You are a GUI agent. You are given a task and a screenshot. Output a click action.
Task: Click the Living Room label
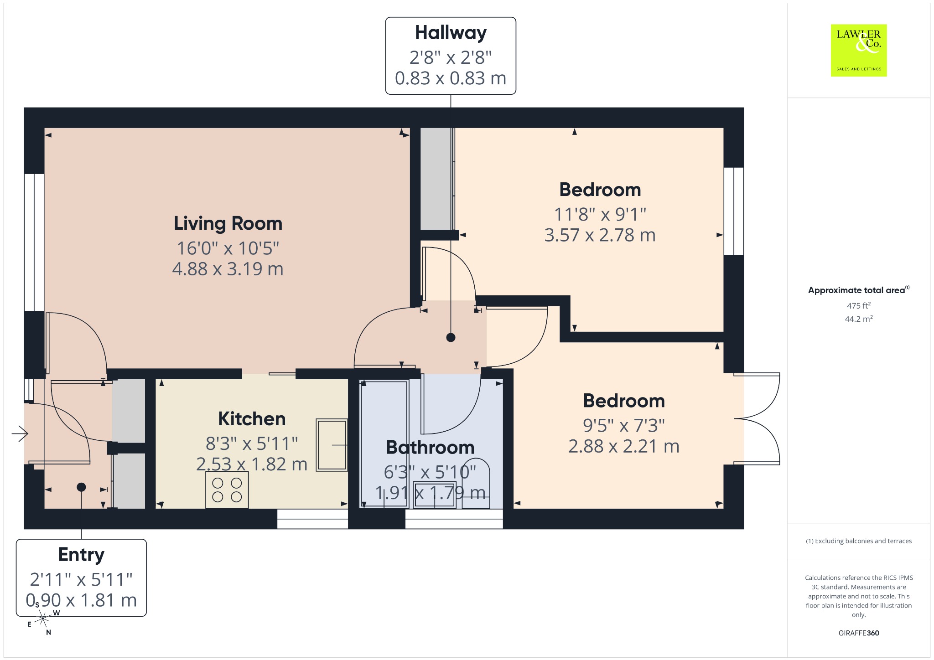pos(228,224)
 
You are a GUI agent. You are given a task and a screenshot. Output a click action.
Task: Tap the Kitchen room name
pos(252,419)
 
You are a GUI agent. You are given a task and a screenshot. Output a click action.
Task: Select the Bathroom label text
pos(430,448)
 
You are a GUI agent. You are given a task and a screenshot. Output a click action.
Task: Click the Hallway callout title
pos(451,33)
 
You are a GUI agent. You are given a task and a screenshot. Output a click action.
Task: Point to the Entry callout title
pos(81,555)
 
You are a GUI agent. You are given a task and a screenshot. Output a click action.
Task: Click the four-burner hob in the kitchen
pos(227,490)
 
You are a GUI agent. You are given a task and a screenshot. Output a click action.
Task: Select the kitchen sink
pos(332,445)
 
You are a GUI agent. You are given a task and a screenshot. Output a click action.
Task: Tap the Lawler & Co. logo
pos(859,50)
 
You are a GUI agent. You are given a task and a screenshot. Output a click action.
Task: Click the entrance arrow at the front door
pos(20,433)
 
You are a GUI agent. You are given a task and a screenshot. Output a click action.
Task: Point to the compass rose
pos(43,619)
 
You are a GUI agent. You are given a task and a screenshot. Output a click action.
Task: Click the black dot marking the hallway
pos(451,337)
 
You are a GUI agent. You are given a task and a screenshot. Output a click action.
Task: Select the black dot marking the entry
pos(81,487)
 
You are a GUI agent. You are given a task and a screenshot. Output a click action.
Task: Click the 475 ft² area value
pos(859,305)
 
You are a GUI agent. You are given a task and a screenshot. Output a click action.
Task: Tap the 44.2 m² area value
pos(859,319)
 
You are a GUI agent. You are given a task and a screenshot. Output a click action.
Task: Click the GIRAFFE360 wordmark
pos(859,633)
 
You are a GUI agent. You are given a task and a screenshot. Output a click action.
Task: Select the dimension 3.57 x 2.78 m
pos(600,235)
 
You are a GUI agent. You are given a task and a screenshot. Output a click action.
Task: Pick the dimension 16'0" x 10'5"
pos(228,248)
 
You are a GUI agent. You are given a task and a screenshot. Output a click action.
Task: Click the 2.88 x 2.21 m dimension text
pos(624,446)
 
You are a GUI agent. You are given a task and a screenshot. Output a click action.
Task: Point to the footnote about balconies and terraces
pos(859,541)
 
